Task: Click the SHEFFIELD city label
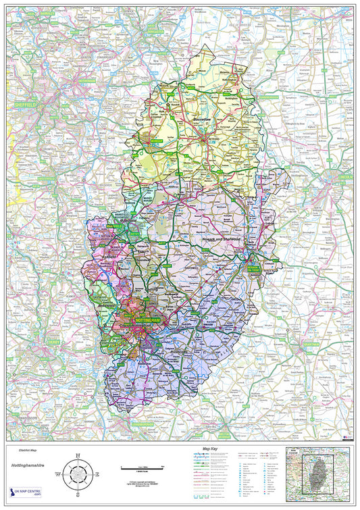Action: coord(26,105)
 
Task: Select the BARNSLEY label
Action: coord(47,13)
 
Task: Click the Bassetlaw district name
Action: coord(202,120)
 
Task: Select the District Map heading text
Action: coord(22,449)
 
